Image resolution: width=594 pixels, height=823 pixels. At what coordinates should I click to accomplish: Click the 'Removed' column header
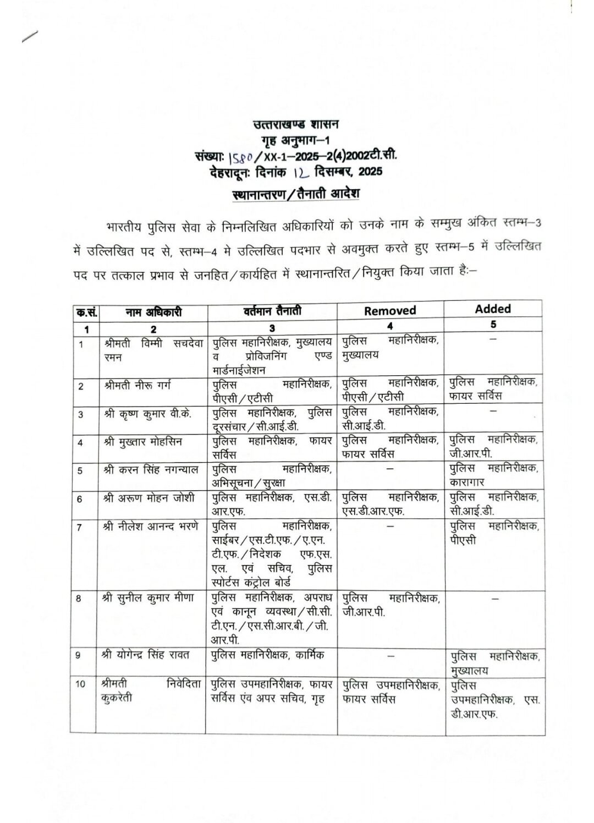[390, 310]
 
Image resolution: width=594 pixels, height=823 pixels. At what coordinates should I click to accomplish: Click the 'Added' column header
[493, 309]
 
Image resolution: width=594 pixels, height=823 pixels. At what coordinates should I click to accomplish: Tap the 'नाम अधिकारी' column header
[153, 312]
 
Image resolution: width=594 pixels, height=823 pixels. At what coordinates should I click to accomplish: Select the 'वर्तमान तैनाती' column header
[273, 311]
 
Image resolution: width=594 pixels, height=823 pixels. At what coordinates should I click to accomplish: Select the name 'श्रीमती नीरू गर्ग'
[137, 385]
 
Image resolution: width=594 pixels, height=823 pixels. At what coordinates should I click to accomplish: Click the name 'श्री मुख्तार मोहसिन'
[143, 441]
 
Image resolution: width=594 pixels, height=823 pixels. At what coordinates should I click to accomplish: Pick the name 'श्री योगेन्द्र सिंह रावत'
[146, 655]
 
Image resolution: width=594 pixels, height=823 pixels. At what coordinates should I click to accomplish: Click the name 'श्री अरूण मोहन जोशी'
[148, 498]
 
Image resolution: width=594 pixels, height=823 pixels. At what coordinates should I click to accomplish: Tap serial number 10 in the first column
[81, 684]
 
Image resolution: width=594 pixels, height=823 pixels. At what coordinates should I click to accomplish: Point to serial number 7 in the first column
[80, 527]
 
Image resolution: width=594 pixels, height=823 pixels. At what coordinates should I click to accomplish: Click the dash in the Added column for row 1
[493, 340]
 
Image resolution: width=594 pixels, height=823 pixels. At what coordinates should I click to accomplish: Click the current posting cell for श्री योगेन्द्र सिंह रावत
[268, 655]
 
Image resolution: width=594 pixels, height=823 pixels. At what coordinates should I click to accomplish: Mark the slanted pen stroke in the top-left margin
[29, 36]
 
